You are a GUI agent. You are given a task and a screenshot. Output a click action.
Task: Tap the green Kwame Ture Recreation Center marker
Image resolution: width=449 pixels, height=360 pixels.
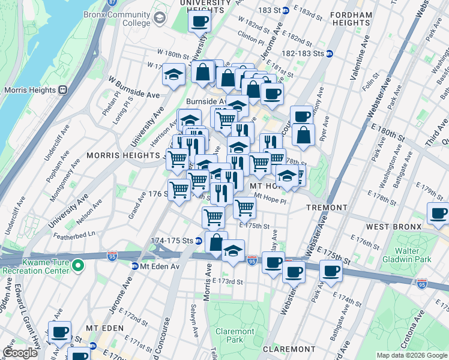point(77,265)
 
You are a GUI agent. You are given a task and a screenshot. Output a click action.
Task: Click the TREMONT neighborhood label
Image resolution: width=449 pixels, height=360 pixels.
point(327,208)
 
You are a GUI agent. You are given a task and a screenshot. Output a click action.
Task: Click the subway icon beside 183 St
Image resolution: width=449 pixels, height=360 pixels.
point(286,10)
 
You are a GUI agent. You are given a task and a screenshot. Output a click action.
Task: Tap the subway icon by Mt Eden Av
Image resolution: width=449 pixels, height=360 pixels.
point(136,266)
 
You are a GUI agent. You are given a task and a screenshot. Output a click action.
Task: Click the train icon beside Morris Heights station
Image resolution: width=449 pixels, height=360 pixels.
point(62,90)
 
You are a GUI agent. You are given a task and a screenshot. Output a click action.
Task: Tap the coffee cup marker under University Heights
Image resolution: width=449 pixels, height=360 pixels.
point(199,22)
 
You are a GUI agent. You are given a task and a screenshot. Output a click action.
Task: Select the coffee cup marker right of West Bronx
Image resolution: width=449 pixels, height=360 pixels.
point(438,213)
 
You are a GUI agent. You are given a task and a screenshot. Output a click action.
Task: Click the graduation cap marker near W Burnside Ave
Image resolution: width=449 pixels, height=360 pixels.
point(173,75)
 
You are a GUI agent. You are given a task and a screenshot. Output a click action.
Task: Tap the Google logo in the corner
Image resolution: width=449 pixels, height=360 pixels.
point(20,353)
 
